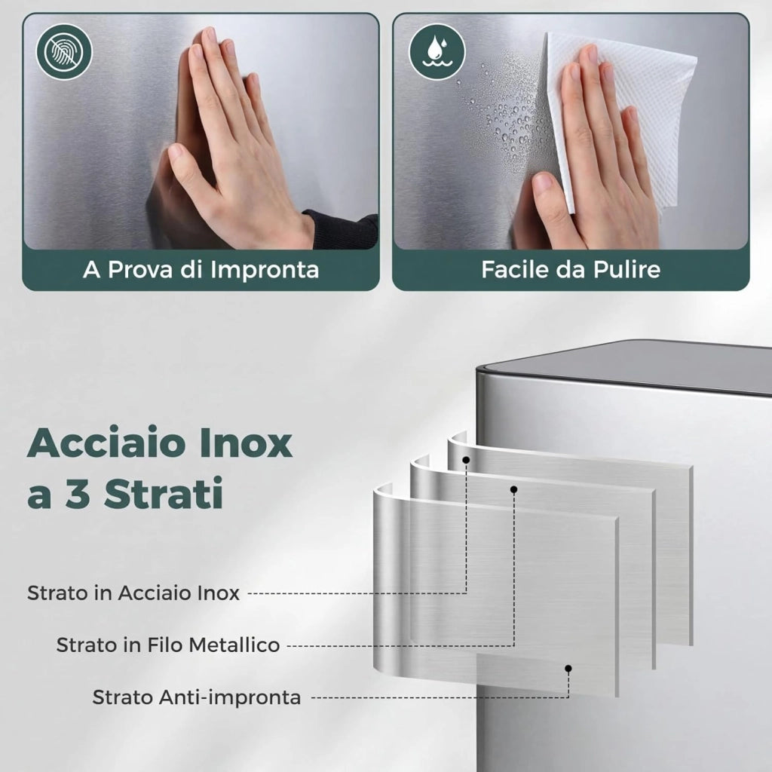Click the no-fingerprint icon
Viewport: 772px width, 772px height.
point(65,52)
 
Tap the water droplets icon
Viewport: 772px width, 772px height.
point(437,52)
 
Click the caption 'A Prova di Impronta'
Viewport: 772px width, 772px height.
point(201,270)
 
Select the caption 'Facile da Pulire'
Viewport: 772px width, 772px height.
point(571,269)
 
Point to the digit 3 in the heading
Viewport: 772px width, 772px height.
point(78,493)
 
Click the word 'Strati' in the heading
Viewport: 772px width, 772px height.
point(164,493)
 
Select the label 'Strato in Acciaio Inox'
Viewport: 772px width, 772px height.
point(133,593)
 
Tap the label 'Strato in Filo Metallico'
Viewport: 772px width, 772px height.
point(168,645)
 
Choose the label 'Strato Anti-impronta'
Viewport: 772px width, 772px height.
point(197,697)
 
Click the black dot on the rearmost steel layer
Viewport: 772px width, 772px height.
point(466,460)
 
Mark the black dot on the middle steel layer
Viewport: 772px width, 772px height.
point(513,489)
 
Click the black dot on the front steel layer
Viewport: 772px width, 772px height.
point(568,668)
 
